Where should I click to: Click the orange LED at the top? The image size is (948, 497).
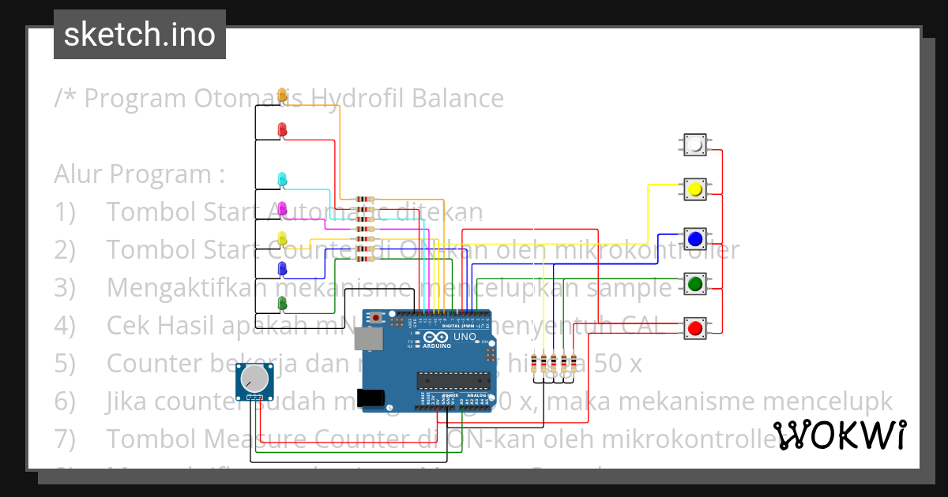click(x=282, y=95)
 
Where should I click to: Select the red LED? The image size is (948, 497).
click(x=282, y=129)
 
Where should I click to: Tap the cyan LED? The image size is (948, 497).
click(x=282, y=179)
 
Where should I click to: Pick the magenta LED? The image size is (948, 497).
click(x=282, y=208)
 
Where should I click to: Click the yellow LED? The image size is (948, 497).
click(x=282, y=237)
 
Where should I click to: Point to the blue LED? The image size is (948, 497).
click(x=282, y=269)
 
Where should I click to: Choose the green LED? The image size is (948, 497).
click(x=282, y=302)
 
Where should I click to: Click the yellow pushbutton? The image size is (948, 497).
click(x=695, y=189)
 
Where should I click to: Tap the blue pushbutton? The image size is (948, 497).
click(x=695, y=238)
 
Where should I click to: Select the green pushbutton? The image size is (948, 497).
click(x=695, y=282)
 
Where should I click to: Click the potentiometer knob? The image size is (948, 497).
click(x=254, y=379)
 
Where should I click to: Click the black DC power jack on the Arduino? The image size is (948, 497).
click(x=373, y=399)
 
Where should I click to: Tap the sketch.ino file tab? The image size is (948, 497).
click(x=140, y=35)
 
